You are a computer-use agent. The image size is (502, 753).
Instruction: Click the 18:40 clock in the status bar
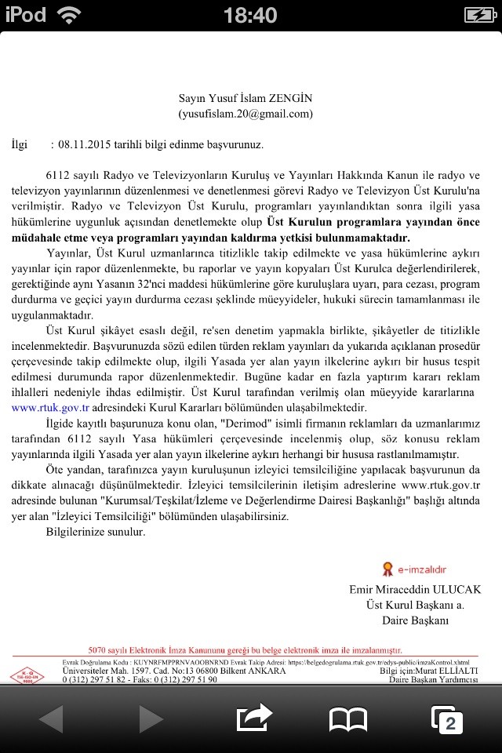click(250, 15)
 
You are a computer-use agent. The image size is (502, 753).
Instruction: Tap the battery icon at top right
click(478, 15)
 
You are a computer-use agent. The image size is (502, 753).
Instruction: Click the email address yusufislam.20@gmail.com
click(246, 114)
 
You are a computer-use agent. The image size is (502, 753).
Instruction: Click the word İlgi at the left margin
click(20, 145)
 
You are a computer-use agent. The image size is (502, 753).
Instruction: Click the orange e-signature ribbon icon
click(387, 569)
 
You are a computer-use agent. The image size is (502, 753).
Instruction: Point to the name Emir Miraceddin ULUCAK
click(415, 589)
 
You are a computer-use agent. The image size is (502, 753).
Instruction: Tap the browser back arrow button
click(51, 718)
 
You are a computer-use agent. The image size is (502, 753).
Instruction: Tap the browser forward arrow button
click(151, 718)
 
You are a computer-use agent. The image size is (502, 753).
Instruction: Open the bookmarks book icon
click(348, 719)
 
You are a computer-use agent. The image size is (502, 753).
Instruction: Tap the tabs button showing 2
click(447, 719)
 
